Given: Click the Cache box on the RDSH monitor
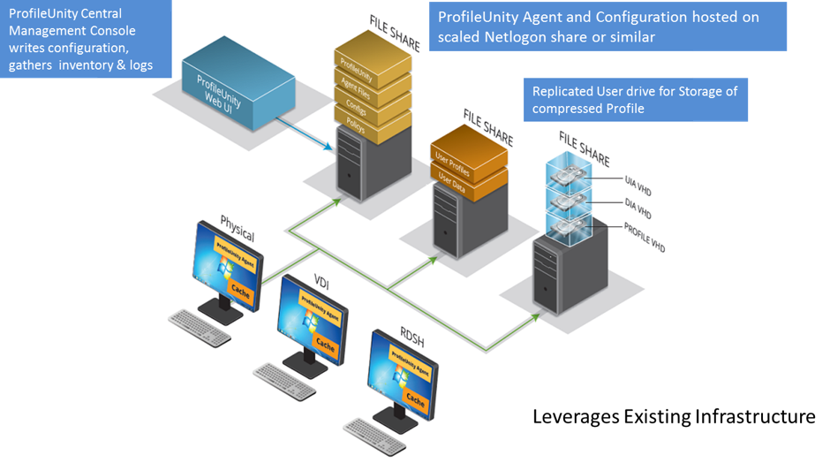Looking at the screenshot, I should coord(416,402).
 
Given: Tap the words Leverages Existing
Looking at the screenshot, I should coord(611,415).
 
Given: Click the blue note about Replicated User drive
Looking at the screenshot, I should coord(635,99).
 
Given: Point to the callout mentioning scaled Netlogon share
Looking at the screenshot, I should coord(607,27).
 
